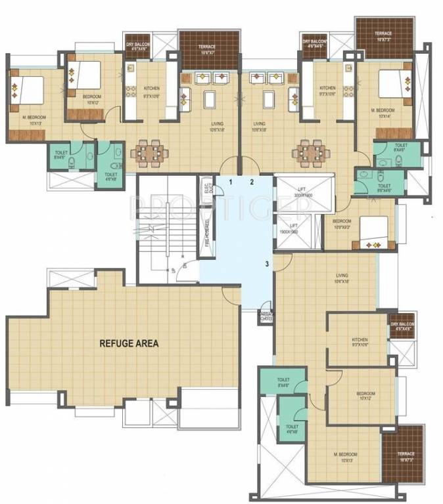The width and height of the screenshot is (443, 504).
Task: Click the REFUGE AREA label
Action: click(x=129, y=343)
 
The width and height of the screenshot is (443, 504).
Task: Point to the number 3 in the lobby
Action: click(x=267, y=264)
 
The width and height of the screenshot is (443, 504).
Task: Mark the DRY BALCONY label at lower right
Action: click(x=402, y=327)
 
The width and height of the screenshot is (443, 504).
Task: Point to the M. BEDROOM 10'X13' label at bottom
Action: click(x=345, y=457)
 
